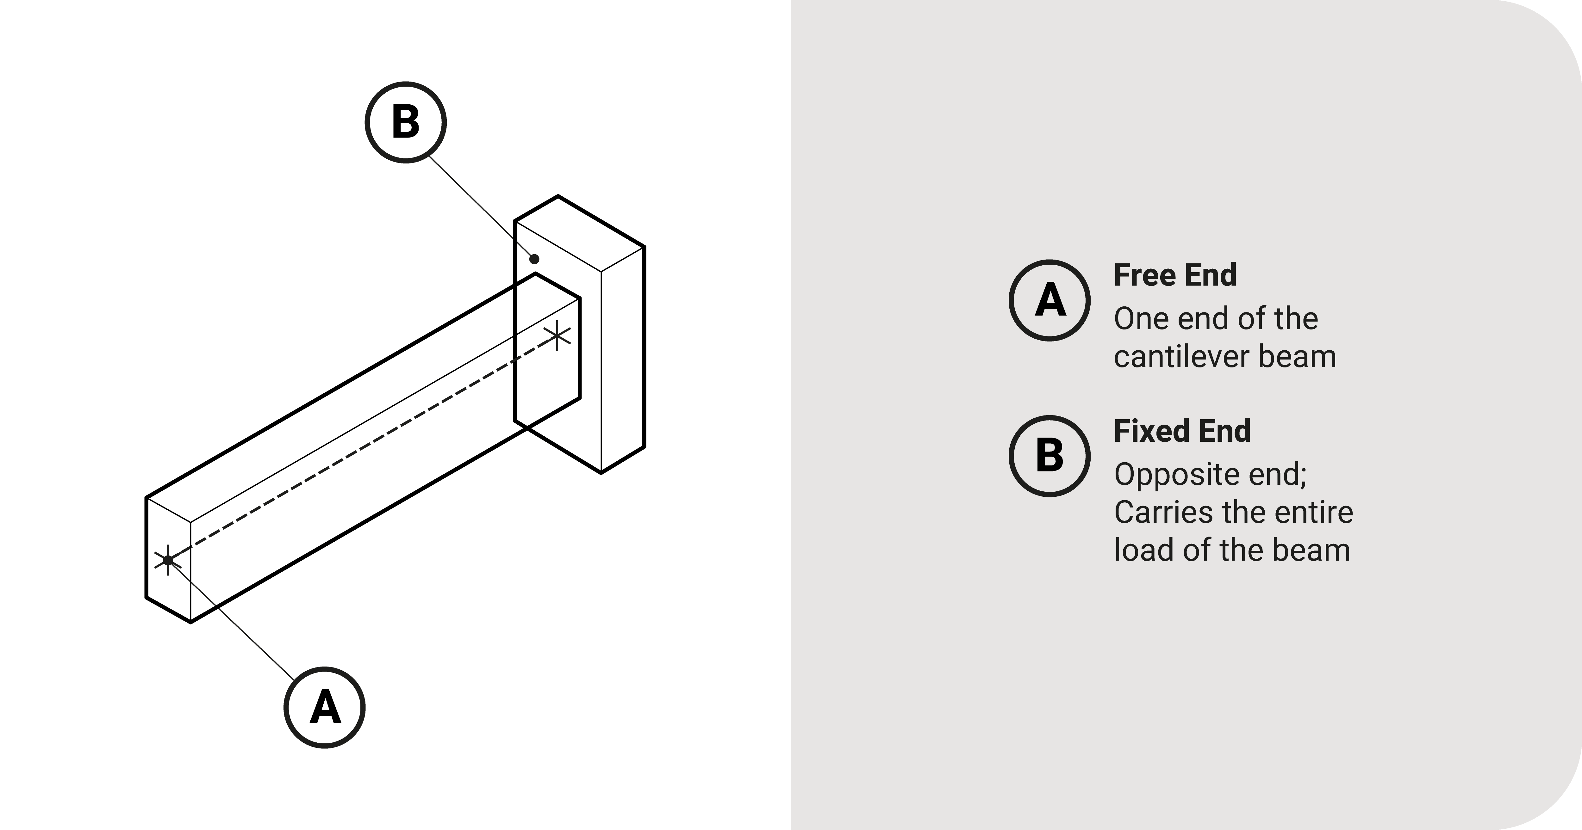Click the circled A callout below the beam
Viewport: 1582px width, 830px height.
(x=324, y=707)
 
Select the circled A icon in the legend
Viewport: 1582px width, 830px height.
(x=1049, y=300)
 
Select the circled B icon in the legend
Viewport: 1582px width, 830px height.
(x=1049, y=456)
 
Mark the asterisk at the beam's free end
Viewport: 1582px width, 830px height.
(x=168, y=560)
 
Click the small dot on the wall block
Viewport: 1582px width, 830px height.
(x=534, y=259)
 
